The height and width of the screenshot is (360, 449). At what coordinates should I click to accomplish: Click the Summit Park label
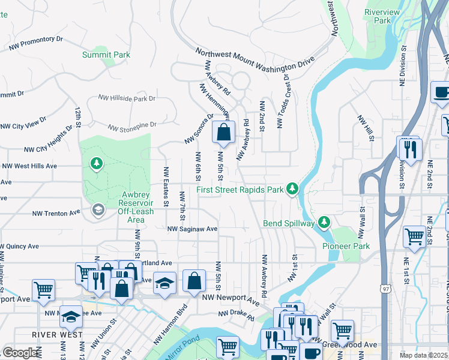(106, 55)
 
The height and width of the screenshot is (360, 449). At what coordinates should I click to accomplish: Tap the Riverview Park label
(378, 16)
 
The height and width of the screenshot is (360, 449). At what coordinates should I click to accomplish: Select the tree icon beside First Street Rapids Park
(292, 190)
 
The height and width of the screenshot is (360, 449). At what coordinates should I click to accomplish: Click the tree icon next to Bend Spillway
(324, 223)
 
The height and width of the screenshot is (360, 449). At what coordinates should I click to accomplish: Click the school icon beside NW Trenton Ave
(97, 210)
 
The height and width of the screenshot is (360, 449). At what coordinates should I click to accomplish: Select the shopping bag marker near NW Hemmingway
(223, 133)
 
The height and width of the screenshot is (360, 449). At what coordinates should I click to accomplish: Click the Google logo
(20, 353)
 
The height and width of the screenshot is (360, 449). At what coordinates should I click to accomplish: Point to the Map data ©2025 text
(423, 355)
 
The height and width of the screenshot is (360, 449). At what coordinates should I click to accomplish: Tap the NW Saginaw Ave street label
(192, 229)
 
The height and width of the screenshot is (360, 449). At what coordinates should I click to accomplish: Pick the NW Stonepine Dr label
(131, 127)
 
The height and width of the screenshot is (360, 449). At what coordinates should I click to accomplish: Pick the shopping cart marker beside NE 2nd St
(414, 238)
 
